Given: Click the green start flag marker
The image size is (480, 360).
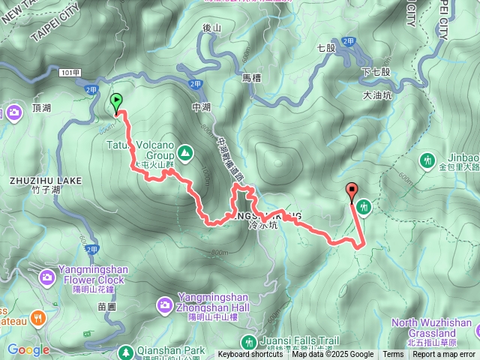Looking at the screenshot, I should pos(116,102).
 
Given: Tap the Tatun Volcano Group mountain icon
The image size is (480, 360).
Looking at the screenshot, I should pos(185,154).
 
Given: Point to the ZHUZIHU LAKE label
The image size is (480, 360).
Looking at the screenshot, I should pos(46,181).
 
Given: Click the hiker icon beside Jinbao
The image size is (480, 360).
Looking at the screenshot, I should pos(428,160).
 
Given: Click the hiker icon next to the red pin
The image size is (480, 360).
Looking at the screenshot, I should pos(364,206).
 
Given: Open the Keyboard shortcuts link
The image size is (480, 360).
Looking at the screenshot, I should pos(251,355).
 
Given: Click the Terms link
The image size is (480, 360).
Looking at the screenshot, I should pos(393,355).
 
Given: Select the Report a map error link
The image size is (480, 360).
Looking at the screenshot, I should pos(444,355).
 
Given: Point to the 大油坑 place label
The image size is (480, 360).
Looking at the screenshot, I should pos(376,95).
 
